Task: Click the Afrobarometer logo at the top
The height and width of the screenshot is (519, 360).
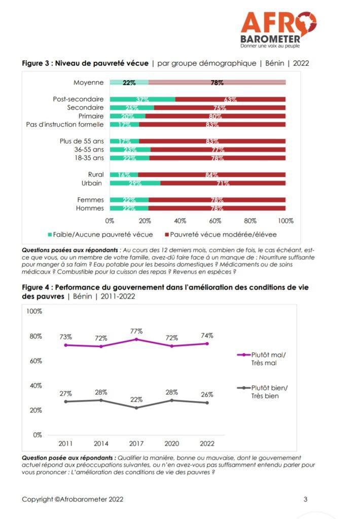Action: click(278, 29)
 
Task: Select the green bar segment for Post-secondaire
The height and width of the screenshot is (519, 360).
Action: click(142, 99)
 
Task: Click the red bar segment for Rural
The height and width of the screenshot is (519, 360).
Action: click(211, 175)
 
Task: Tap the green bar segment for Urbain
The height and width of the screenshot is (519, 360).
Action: click(135, 183)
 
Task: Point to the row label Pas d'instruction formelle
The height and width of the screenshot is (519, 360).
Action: click(65, 124)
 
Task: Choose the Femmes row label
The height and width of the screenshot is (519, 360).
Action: click(90, 200)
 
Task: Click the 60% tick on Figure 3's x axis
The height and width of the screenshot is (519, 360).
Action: click(215, 221)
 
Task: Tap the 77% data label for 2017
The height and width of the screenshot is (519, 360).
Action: click(136, 331)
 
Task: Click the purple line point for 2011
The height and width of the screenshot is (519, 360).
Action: click(65, 345)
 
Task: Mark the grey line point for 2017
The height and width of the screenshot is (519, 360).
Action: click(136, 407)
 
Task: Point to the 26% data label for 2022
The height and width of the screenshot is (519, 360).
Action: click(206, 394)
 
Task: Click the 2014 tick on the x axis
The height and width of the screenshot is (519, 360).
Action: click(100, 444)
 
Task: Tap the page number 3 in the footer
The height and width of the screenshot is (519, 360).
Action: click(305, 499)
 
